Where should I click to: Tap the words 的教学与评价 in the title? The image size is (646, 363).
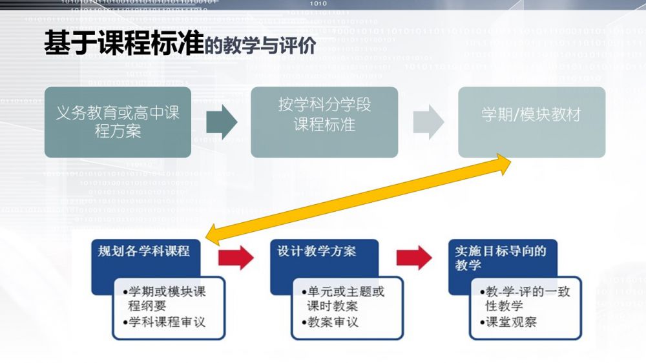click(x=260, y=46)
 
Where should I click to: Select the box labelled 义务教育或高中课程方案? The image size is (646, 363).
click(x=118, y=122)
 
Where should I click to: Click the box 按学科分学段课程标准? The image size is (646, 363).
click(x=324, y=122)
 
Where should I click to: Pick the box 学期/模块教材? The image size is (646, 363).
click(x=531, y=115)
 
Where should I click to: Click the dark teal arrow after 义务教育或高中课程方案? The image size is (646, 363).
click(x=222, y=122)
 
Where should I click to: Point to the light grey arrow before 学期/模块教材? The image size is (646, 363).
click(x=428, y=122)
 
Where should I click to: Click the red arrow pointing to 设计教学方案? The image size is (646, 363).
click(x=236, y=257)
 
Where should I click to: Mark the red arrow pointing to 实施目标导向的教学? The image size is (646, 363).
click(x=414, y=257)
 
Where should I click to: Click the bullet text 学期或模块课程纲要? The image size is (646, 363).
click(x=167, y=298)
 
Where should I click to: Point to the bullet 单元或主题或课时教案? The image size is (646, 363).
click(x=342, y=298)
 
